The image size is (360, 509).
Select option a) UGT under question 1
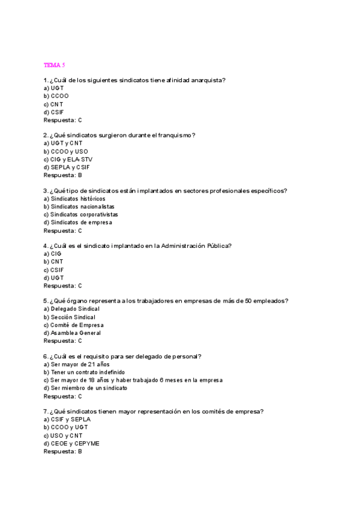pyautogui.click(x=53, y=88)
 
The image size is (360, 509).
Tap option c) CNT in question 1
pyautogui.click(x=53, y=104)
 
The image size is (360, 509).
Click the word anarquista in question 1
pyautogui.click(x=214, y=80)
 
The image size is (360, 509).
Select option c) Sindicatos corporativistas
pyautogui.click(x=80, y=214)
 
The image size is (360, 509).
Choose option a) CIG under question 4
pyautogui.click(x=53, y=254)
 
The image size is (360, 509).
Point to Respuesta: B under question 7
pyautogui.click(x=62, y=451)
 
